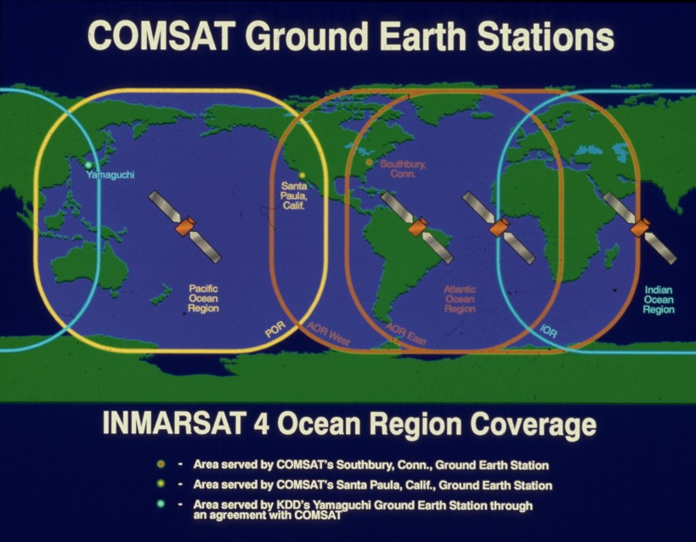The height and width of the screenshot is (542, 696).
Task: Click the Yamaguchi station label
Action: [110, 174]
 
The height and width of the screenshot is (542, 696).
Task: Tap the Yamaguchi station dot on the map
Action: [88, 165]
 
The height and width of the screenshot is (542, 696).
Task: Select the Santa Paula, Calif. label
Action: [294, 195]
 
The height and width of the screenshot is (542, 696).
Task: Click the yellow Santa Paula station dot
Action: [303, 175]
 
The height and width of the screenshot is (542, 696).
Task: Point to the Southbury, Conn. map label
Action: [403, 169]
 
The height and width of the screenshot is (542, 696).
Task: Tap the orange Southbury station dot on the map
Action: [369, 162]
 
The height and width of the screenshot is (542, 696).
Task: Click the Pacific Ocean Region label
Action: [203, 298]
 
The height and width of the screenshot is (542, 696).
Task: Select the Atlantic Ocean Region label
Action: [460, 299]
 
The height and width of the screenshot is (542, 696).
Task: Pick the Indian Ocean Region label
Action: [659, 300]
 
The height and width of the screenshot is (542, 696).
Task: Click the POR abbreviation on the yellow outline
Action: [275, 330]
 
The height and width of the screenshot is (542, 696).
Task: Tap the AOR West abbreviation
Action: [329, 333]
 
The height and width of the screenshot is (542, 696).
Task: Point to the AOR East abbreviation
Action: [405, 334]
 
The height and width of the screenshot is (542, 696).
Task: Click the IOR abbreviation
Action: [549, 330]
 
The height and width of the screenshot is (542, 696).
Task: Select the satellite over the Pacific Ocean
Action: [184, 227]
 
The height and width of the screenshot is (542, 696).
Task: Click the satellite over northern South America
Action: [418, 227]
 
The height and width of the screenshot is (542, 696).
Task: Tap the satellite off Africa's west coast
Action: [499, 228]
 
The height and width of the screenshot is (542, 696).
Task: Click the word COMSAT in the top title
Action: [161, 37]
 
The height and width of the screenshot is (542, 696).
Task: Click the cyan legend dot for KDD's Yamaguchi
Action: [161, 505]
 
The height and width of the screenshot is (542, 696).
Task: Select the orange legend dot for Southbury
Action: [161, 465]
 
